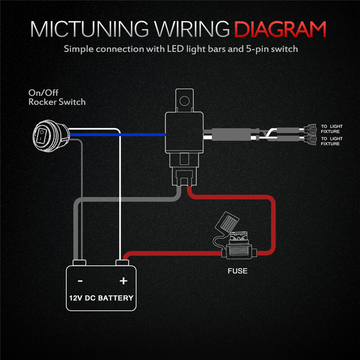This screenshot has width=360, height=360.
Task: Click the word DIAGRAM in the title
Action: click(x=280, y=29)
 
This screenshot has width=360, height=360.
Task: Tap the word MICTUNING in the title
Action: click(x=87, y=29)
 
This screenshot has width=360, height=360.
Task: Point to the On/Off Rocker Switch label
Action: click(x=57, y=97)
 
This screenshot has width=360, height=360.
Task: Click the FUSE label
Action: click(x=237, y=271)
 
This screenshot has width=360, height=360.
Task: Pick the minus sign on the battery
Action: click(x=80, y=281)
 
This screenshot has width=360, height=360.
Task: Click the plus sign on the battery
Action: click(x=123, y=281)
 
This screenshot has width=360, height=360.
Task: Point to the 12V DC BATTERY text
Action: click(x=101, y=298)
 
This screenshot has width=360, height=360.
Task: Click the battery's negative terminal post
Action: click(x=80, y=262)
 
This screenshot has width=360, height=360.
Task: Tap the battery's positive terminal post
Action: click(x=123, y=262)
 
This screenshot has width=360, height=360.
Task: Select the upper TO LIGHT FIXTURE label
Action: click(x=332, y=128)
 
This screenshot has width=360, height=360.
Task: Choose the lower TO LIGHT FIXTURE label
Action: click(x=332, y=141)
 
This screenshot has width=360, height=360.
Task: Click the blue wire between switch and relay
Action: click(x=139, y=134)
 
